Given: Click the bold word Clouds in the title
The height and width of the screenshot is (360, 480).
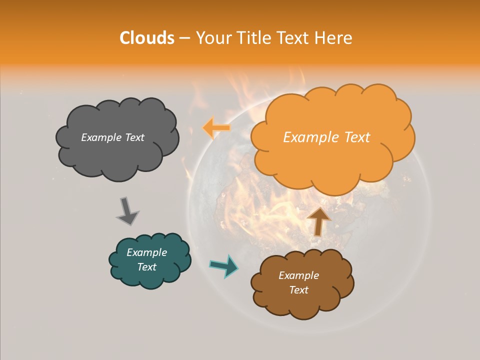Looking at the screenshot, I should pos(146,38).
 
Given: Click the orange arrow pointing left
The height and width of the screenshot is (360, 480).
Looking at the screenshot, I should pos(215,127).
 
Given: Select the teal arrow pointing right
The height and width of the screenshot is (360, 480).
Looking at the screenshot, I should pos(224,265).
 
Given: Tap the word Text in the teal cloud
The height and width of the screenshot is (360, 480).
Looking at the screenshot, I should pos(146,267).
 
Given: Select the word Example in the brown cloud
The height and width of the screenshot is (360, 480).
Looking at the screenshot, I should pos(298,275).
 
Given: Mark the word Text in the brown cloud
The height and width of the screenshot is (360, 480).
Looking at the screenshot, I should pos(298,290).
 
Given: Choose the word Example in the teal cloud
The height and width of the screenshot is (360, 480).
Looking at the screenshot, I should pos(146,252).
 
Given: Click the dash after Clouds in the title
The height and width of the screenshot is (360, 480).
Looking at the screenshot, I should pos(184,38).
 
